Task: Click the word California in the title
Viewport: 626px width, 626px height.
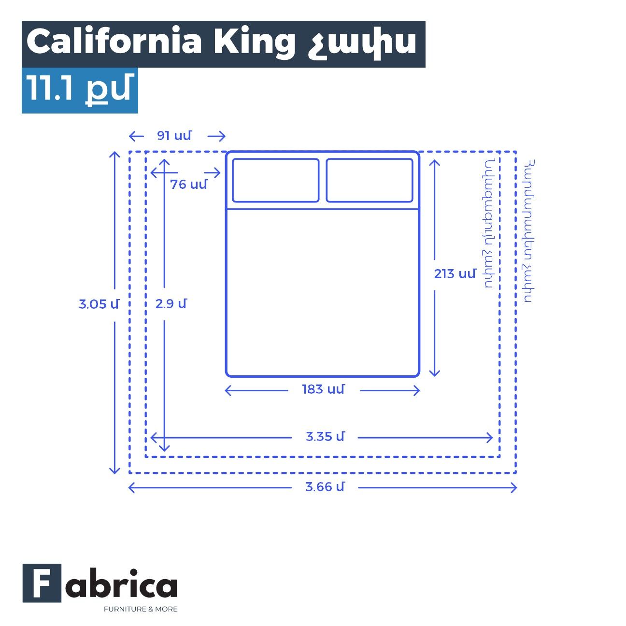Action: (114, 42)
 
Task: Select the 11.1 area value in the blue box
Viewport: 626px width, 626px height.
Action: (50, 87)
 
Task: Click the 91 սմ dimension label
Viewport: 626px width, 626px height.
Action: (174, 136)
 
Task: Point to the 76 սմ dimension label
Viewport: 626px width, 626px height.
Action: (188, 185)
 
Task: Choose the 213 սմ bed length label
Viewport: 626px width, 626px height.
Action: (455, 274)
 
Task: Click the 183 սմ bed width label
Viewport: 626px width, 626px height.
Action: (323, 389)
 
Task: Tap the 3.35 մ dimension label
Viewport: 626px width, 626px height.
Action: (325, 437)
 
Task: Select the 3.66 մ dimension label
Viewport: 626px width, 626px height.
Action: (325, 487)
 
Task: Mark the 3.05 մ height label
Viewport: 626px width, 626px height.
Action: (99, 304)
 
